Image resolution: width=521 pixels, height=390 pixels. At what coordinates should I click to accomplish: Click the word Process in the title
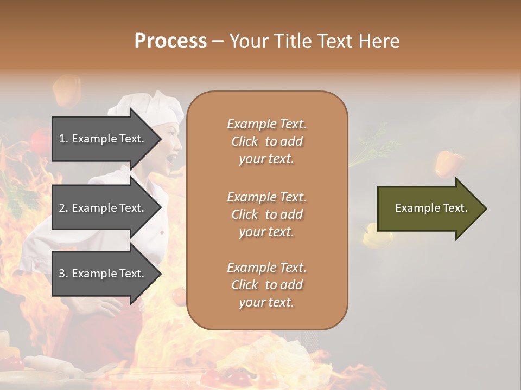click(170, 41)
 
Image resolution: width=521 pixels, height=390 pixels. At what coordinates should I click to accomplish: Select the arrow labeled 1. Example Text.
click(103, 139)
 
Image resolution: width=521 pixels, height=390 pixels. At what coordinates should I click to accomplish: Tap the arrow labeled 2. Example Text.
click(103, 208)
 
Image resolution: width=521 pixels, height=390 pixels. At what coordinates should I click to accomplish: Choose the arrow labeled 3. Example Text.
click(103, 274)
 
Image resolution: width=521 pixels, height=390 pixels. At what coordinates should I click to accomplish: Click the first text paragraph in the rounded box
click(266, 141)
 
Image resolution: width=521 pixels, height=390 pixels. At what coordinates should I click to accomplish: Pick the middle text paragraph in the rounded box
click(266, 214)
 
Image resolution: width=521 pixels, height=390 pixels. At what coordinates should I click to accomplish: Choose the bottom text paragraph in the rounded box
click(266, 285)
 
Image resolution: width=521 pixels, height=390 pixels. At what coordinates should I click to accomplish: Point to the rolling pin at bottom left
click(49, 366)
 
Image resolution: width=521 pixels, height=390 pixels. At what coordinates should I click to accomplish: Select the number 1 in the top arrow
click(62, 139)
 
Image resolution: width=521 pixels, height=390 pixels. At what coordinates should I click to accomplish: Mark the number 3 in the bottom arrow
click(62, 274)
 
